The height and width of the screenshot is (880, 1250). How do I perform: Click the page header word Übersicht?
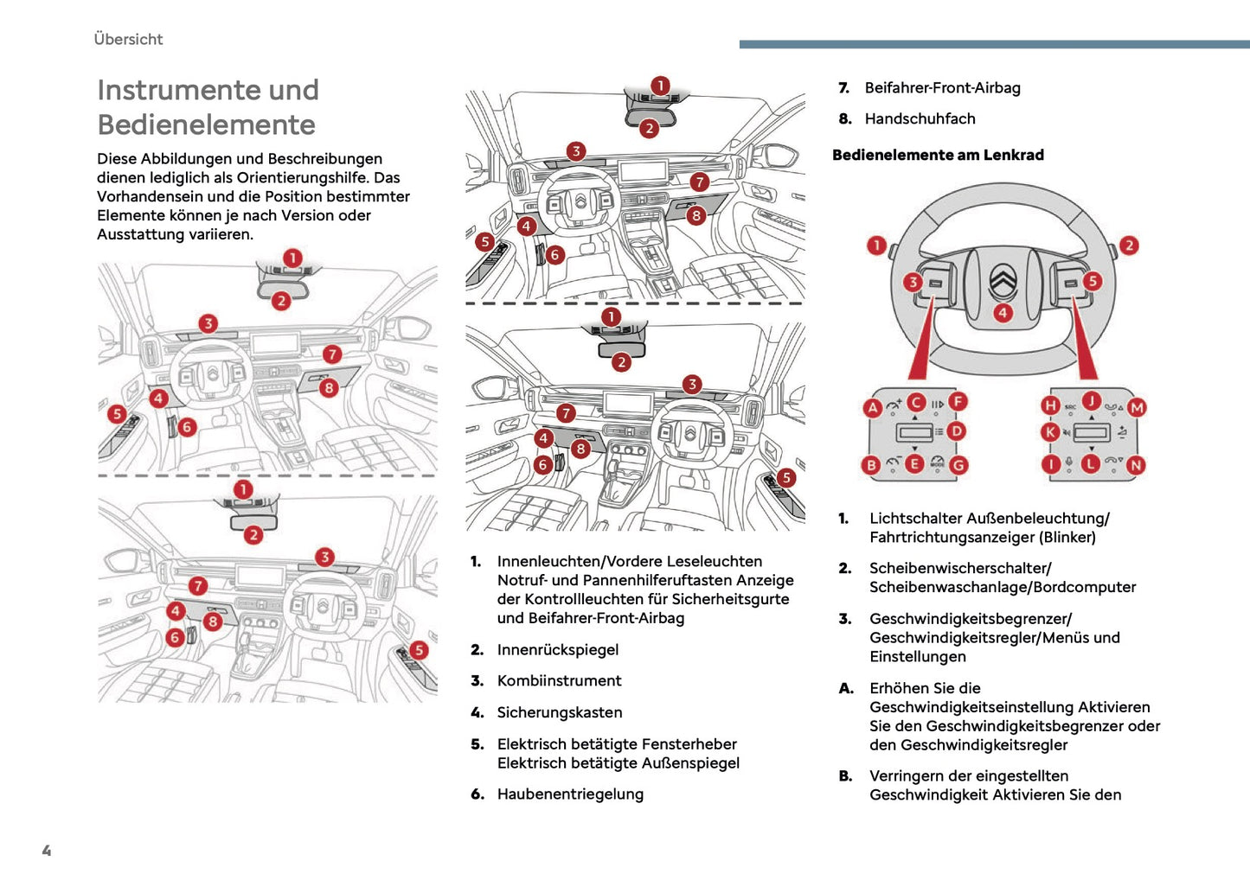click(128, 39)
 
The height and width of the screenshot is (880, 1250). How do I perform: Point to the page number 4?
click(47, 851)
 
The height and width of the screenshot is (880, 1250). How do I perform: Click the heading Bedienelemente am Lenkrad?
click(938, 155)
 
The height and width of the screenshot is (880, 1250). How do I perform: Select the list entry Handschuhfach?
click(920, 118)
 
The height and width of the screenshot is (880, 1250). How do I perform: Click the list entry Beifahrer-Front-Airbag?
click(942, 87)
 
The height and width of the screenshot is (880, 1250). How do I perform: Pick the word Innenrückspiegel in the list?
click(557, 649)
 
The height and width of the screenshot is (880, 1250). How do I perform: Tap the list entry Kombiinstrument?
click(559, 680)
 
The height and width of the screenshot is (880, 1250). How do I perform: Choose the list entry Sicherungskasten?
click(559, 712)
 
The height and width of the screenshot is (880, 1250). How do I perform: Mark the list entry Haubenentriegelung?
click(570, 794)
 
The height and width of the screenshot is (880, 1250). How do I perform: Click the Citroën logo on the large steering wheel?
click(1003, 279)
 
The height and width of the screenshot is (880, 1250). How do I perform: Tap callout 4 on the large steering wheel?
click(1003, 313)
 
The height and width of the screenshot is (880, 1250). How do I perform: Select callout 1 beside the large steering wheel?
click(877, 246)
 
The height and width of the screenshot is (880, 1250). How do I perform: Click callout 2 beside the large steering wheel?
click(1128, 246)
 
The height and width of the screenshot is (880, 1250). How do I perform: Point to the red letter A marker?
click(873, 407)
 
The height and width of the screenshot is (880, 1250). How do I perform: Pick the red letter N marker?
click(1136, 465)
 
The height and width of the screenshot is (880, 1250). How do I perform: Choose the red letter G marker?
click(958, 465)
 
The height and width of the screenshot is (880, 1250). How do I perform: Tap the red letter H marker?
click(1050, 405)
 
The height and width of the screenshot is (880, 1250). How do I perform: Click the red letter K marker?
click(1050, 431)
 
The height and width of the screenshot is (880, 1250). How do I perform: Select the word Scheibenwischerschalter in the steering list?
click(959, 568)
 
